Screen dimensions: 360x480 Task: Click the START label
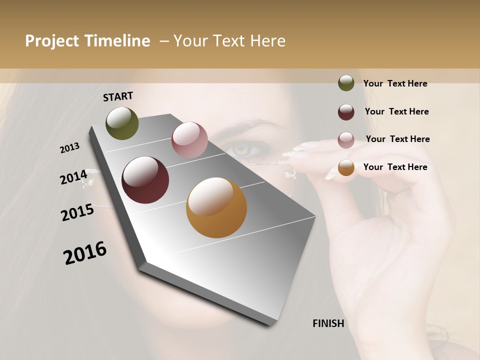tap(118, 96)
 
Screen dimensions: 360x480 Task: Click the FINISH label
tap(328, 323)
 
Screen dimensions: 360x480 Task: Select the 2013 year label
tap(70, 148)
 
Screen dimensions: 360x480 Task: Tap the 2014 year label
tap(73, 177)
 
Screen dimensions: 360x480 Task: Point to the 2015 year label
tap(77, 212)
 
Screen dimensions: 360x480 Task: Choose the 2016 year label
tap(85, 253)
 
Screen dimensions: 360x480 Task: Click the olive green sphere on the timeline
tap(122, 123)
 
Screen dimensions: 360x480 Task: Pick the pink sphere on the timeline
tap(189, 140)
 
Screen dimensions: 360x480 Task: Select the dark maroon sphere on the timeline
tap(145, 180)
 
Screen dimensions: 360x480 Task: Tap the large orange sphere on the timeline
tap(216, 207)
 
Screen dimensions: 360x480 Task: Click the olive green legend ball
tap(346, 83)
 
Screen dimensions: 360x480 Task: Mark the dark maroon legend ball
tap(346, 112)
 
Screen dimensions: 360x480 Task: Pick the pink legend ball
tap(346, 139)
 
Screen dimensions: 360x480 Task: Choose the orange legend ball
tap(346, 167)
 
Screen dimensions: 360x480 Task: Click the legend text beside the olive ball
tap(395, 83)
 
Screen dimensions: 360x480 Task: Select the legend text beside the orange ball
tap(395, 167)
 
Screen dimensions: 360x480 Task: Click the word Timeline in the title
tap(116, 41)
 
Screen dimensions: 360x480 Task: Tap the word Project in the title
tap(51, 41)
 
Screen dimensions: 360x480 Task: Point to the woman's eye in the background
tap(241, 149)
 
